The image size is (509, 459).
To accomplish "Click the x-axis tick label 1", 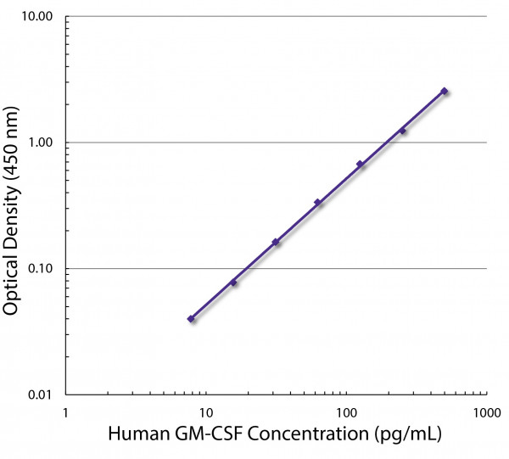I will pyautogui.click(x=66, y=412).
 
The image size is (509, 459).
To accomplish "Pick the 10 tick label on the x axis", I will pyautogui.click(x=205, y=412).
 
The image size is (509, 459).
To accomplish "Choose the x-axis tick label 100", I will pyautogui.click(x=346, y=412).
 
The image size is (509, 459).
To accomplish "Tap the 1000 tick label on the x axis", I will pyautogui.click(x=485, y=412).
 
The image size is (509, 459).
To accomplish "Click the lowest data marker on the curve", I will pyautogui.click(x=191, y=319).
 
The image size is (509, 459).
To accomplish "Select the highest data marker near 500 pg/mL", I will pyautogui.click(x=444, y=91).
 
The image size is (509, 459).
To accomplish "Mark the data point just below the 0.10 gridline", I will pyautogui.click(x=233, y=283).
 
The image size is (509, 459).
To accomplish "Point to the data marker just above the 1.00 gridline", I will pyautogui.click(x=402, y=131).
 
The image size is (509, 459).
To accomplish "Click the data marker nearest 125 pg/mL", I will pyautogui.click(x=360, y=165).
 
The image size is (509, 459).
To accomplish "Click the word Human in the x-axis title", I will pyautogui.click(x=136, y=436).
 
